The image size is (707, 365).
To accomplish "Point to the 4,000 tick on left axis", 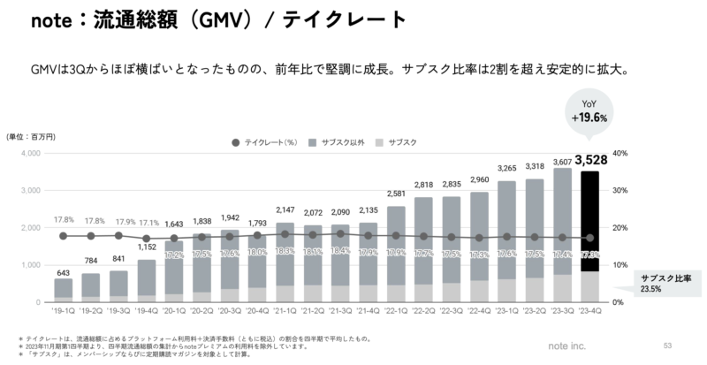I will pos(29,153).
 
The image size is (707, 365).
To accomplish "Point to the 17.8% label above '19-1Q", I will pos(63,220).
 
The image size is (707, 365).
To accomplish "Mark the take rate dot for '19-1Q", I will pos(63,236).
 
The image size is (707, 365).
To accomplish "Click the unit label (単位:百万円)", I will pos(30,135).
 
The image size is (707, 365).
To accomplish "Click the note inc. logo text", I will pos(619,346).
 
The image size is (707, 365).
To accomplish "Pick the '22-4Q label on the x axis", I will pos(481,312).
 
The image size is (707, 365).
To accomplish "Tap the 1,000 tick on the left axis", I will pos(29,265).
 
